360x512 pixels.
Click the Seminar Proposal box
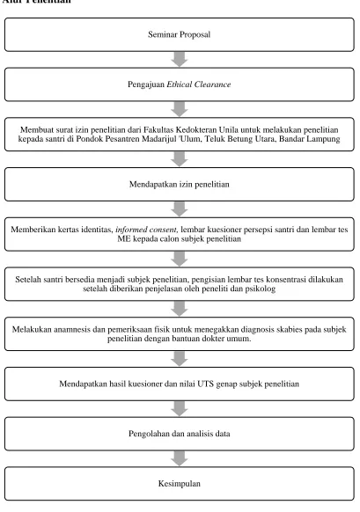(x=180, y=34)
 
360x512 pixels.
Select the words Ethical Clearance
(x=199, y=84)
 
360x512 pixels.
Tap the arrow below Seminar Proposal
(x=180, y=60)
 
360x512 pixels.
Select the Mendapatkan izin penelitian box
(x=180, y=184)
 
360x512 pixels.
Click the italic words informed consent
(x=147, y=230)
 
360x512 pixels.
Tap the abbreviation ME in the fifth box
(x=124, y=238)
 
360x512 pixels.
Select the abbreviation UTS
(x=205, y=384)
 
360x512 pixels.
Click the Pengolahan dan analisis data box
(x=180, y=434)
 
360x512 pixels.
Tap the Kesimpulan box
(x=180, y=484)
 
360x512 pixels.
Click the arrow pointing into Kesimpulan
(x=180, y=458)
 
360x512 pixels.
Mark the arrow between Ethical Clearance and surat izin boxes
(x=180, y=109)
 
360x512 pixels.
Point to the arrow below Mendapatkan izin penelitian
(x=180, y=209)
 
